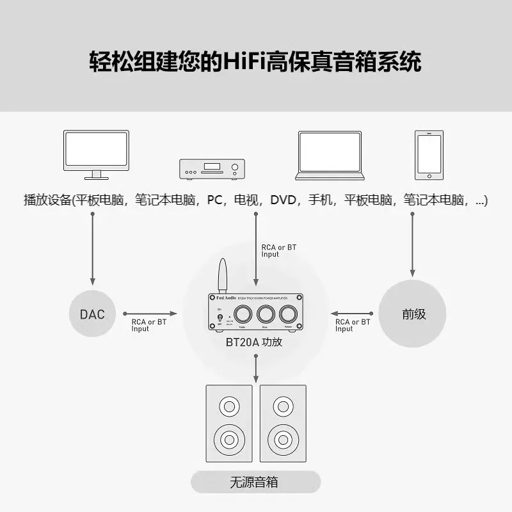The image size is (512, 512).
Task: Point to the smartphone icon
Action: pos(429,156)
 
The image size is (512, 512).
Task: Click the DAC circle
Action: pos(93,314)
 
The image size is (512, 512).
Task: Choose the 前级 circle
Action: pos(414,314)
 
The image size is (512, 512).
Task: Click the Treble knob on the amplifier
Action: pos(244,313)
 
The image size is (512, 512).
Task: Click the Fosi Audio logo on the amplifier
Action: pos(221,299)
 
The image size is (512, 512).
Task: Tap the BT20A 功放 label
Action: pos(257,342)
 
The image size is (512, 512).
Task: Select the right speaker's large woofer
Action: pos(283,439)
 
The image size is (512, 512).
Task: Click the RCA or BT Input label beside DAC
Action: pos(148,325)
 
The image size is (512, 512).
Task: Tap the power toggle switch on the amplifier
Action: pos(220,317)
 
